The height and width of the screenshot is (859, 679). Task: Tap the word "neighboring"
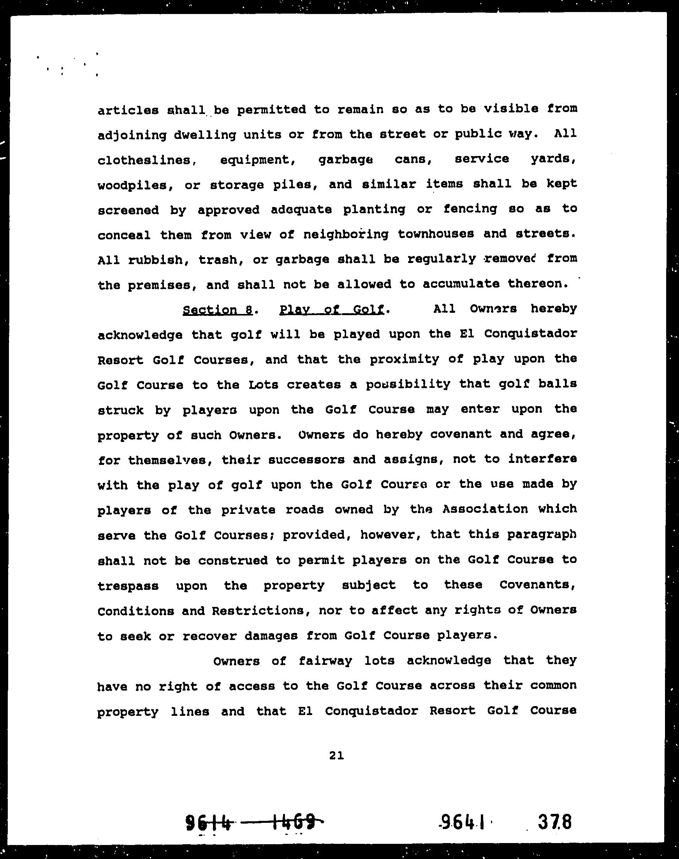tap(345, 234)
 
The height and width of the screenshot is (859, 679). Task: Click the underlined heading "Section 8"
tap(218, 310)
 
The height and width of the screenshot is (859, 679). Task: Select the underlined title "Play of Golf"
tap(332, 309)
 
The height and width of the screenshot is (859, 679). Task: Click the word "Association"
tap(485, 510)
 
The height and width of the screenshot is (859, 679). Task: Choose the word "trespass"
tap(128, 586)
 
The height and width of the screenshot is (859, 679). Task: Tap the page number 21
tap(336, 756)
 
